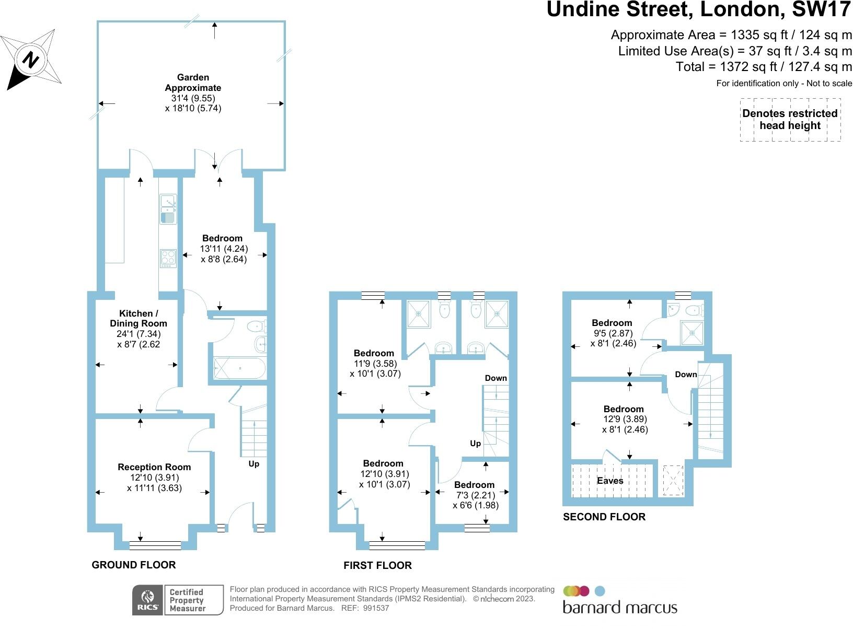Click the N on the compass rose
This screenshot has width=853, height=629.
click(x=31, y=60)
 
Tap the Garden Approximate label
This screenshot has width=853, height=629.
click(x=193, y=83)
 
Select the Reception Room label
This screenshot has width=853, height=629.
click(x=154, y=467)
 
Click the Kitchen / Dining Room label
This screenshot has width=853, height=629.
click(x=138, y=318)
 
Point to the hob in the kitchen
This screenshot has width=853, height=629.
click(x=168, y=259)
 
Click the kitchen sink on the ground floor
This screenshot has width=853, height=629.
click(x=168, y=209)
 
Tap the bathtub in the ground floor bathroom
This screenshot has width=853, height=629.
click(x=239, y=368)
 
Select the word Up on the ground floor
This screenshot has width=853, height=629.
click(x=254, y=464)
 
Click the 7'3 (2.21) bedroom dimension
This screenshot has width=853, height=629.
click(x=475, y=495)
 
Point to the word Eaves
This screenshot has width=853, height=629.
click(x=610, y=481)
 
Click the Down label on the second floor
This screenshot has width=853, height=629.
click(x=686, y=374)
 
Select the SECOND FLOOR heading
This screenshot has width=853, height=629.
click(x=604, y=517)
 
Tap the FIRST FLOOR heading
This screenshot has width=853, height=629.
click(x=378, y=565)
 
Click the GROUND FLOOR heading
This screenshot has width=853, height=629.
click(x=133, y=565)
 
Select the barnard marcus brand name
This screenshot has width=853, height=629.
click(x=619, y=608)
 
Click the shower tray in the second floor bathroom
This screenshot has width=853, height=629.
click(x=692, y=333)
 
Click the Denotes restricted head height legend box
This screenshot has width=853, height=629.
click(x=790, y=120)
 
